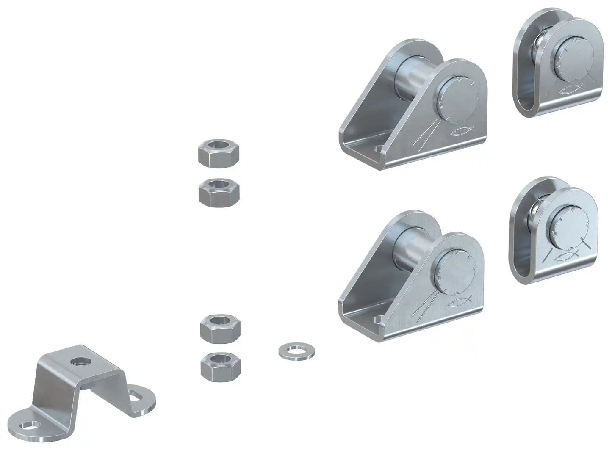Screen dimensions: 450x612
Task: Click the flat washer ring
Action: tap(293, 351)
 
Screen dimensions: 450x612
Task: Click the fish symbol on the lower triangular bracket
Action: tap(460, 302)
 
